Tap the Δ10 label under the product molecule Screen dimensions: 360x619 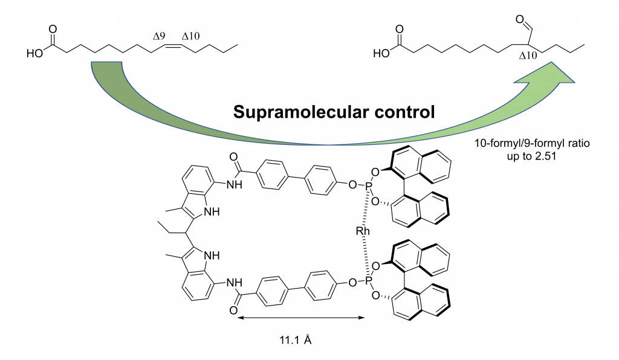click(x=528, y=56)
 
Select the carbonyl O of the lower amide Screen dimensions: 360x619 click(x=233, y=310)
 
